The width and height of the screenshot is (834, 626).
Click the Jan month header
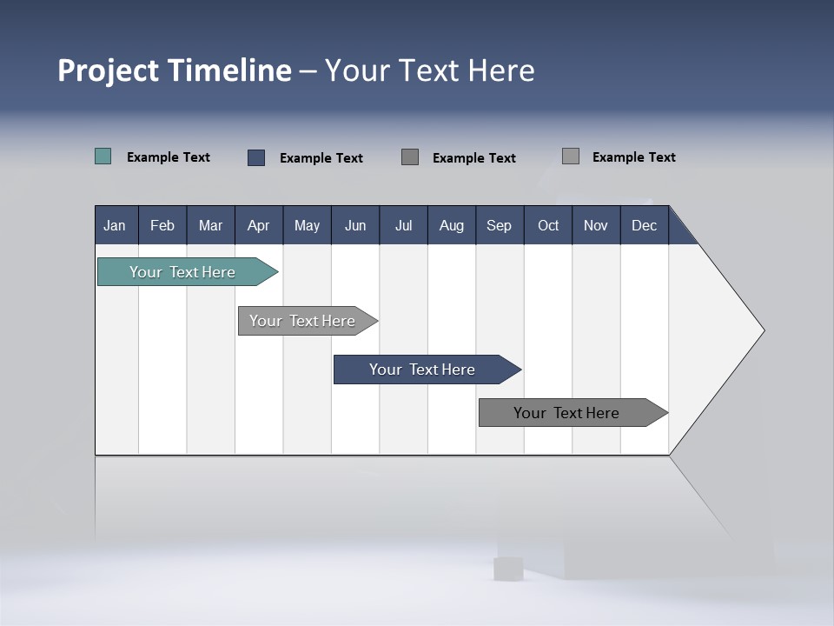(115, 225)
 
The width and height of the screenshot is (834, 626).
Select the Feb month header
(162, 225)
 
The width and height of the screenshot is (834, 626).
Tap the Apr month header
(259, 225)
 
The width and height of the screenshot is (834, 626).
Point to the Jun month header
(355, 225)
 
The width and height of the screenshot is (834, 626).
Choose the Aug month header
(452, 225)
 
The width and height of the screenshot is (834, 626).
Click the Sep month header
(500, 225)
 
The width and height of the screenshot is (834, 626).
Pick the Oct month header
(548, 225)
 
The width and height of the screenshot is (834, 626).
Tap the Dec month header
(645, 225)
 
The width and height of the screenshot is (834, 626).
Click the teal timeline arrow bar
(183, 272)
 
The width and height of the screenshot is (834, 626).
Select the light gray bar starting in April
(303, 321)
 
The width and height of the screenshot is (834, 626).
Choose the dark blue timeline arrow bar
(423, 370)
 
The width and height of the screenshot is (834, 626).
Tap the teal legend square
(103, 156)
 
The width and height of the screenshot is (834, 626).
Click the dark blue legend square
(256, 157)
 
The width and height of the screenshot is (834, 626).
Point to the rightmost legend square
(571, 156)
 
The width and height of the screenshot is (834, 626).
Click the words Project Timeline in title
(175, 70)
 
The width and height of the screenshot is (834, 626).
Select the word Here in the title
(501, 70)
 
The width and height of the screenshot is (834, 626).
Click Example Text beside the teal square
(169, 157)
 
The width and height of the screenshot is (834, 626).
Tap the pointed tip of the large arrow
(762, 330)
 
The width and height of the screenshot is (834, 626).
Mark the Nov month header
(596, 225)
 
